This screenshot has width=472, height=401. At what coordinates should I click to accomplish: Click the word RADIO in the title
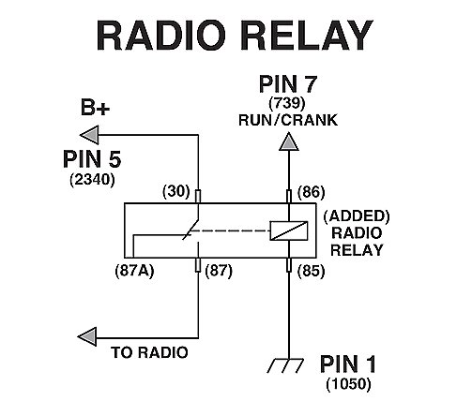(x=161, y=35)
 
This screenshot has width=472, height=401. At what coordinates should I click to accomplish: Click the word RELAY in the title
(x=307, y=35)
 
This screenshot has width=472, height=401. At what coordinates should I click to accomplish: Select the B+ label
(x=95, y=108)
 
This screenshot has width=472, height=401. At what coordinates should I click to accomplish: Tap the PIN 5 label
(x=92, y=159)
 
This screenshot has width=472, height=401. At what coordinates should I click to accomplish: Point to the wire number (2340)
(x=92, y=180)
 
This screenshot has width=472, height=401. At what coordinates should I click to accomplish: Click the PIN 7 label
(x=288, y=84)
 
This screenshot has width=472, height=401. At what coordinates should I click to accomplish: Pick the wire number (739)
(x=287, y=103)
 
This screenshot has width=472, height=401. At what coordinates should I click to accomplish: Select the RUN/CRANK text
(x=288, y=120)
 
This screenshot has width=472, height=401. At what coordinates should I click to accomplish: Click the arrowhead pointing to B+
(x=89, y=135)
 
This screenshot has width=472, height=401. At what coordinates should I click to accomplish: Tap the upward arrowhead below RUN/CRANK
(x=289, y=141)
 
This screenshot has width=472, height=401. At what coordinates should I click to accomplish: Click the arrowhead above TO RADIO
(x=87, y=336)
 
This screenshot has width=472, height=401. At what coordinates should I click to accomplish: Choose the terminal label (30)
(x=176, y=191)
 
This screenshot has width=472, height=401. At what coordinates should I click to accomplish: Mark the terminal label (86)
(x=311, y=192)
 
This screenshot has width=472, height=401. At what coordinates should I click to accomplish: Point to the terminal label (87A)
(x=135, y=271)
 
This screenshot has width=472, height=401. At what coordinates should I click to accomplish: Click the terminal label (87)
(x=219, y=271)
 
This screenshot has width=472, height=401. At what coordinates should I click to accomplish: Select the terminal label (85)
(x=311, y=271)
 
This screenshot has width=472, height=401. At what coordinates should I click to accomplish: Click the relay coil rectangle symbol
(x=289, y=230)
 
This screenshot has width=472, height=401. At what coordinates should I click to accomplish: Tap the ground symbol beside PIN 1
(x=285, y=365)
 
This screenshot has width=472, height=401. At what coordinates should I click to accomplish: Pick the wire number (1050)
(x=348, y=384)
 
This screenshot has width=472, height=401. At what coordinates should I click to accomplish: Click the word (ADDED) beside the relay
(x=357, y=216)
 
